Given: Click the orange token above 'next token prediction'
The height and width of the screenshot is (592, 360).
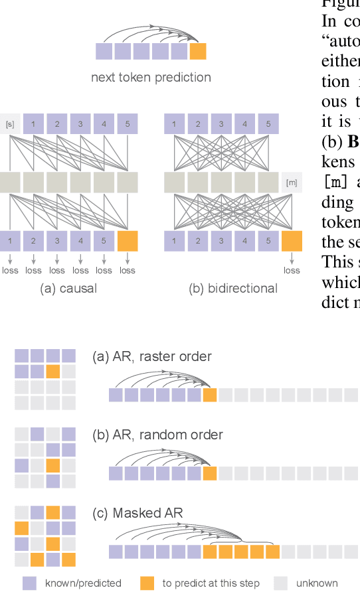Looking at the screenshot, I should coord(198,52).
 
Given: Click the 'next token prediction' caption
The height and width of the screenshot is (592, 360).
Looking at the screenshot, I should coord(151,78).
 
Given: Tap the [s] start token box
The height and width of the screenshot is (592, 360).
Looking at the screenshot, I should coord(10,124).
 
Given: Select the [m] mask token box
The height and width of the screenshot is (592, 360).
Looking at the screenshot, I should coord(291,182).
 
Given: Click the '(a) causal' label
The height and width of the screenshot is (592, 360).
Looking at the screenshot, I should coord(68,289).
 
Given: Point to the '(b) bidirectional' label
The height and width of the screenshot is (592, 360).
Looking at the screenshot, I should coord(233,289).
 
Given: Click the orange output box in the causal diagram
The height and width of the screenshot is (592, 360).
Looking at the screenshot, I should coord(127,241).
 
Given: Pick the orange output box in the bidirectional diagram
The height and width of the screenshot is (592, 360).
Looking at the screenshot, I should coord(291,241).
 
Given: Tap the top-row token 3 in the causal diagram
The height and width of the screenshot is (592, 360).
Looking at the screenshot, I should coord(80,124).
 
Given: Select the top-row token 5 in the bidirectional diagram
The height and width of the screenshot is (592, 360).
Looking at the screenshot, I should coord(268,124).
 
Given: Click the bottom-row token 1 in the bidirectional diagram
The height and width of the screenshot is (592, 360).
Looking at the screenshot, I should coord(175,241).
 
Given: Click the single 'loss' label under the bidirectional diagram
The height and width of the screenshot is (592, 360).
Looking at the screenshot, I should coord(291,270).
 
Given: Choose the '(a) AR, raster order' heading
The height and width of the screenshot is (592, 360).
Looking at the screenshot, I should coord(152,356).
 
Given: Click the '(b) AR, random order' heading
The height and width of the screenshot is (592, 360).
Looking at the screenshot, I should coord(157,435).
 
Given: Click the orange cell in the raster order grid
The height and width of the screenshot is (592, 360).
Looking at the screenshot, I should coord(53,371).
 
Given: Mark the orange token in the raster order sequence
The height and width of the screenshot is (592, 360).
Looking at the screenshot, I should coord(210,396).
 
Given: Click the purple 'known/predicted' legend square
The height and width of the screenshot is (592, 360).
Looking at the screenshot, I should coord(29,583).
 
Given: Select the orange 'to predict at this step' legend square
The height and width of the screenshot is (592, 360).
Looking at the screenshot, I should coord(147,583).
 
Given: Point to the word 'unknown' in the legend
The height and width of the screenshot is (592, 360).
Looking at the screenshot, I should coord(317,583).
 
